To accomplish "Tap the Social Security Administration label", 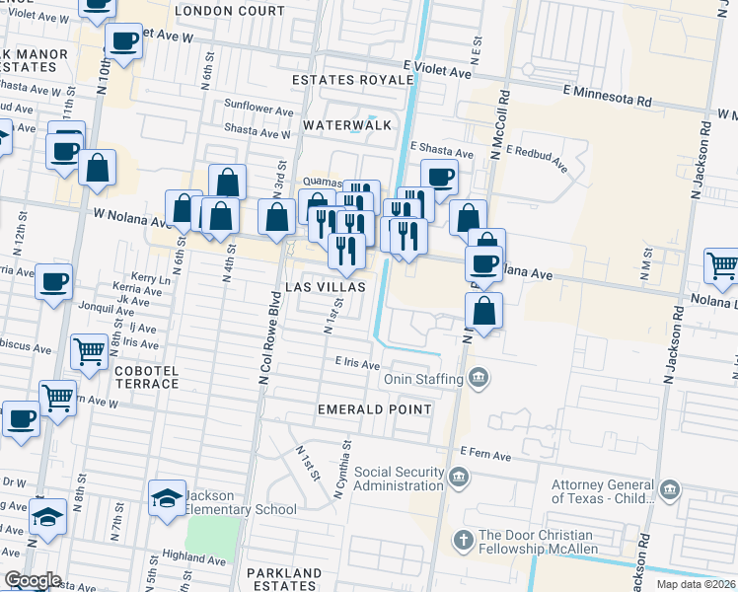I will (399, 479).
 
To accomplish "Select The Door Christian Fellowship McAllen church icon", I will (464, 539).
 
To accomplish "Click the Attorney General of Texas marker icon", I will (669, 490).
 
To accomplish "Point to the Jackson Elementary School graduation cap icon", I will (167, 497).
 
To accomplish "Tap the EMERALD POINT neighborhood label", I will (374, 408).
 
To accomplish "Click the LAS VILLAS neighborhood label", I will (325, 286).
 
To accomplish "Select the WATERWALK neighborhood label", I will (347, 125).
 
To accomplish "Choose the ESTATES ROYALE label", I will (352, 79).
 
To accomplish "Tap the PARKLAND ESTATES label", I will (284, 579).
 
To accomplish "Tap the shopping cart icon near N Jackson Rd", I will (721, 264).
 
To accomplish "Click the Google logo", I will (32, 580).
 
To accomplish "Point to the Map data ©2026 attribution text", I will (697, 584).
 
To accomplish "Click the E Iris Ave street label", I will (356, 363).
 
